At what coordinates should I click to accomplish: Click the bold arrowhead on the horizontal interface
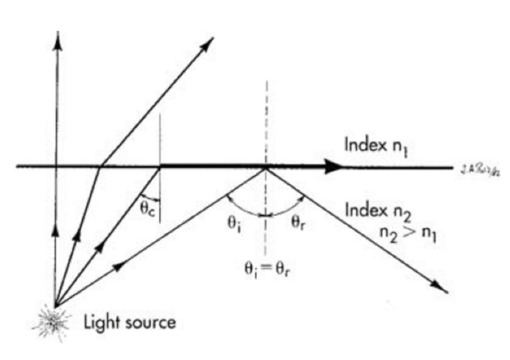(334, 166)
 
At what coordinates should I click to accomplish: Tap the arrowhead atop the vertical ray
(57, 43)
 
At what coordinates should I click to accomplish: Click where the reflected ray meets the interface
(266, 167)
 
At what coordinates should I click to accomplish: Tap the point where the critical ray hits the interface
(159, 167)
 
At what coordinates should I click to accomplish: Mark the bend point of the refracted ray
(100, 166)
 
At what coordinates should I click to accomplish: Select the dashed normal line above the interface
(266, 123)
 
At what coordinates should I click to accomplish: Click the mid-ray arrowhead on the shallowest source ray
(120, 265)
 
